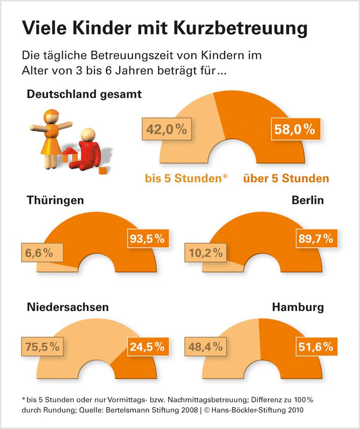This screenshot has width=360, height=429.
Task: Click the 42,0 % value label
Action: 166,130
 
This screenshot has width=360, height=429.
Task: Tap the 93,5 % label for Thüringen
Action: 147,238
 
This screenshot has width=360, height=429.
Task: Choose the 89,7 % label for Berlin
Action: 315,238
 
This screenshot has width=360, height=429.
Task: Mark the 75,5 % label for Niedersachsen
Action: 42,347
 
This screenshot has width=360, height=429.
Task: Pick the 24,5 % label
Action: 147,347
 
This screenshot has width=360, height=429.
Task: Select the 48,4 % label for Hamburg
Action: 206,347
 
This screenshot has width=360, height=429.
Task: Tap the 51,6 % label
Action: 315,347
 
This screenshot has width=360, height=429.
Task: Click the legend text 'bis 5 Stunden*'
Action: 186,178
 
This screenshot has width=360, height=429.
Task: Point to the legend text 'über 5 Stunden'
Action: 285,178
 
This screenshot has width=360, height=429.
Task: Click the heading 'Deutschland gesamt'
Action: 84,94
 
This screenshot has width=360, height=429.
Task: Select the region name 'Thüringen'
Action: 55,200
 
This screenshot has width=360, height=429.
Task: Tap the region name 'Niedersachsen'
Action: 68,307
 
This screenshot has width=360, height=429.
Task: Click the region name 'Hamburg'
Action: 298,307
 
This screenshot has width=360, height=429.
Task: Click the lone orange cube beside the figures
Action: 103,170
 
